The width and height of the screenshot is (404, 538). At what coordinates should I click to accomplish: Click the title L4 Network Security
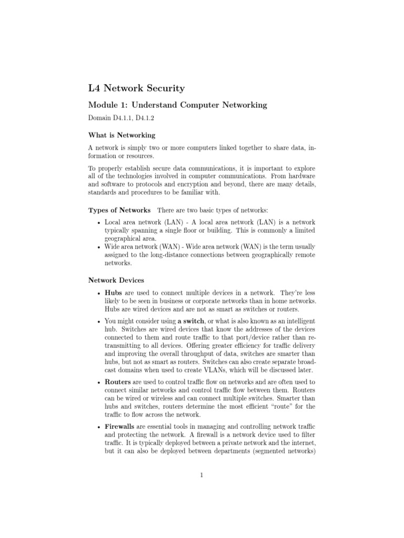136,88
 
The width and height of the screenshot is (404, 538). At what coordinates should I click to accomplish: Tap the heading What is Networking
121,136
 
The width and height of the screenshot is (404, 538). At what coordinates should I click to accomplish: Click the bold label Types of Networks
119,210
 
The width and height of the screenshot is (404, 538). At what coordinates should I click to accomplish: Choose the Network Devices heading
116,281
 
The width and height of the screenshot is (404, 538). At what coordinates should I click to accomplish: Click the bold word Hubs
113,292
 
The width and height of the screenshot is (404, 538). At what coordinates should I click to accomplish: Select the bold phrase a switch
193,320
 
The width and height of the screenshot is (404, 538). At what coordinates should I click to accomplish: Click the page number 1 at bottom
201,476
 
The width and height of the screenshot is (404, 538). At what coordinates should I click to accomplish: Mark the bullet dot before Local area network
99,223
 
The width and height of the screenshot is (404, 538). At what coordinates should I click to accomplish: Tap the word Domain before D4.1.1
99,119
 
